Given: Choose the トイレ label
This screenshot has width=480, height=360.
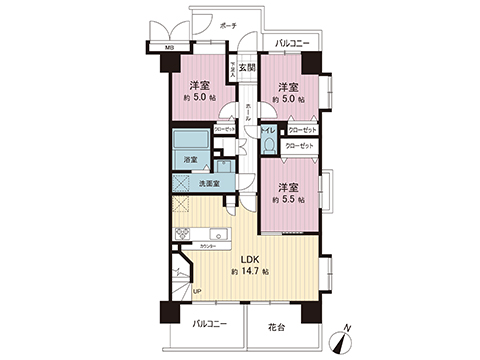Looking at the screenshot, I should tap(268, 131).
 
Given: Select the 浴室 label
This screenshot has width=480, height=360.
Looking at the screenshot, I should tap(191, 160).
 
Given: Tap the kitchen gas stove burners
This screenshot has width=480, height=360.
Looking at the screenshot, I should tap(183, 235).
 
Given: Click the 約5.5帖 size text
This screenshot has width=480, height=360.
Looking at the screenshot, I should tap(290, 200).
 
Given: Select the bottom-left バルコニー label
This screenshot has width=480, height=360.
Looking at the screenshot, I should tap(208, 326).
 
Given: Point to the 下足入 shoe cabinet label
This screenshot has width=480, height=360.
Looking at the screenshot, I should tap(232, 68).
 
